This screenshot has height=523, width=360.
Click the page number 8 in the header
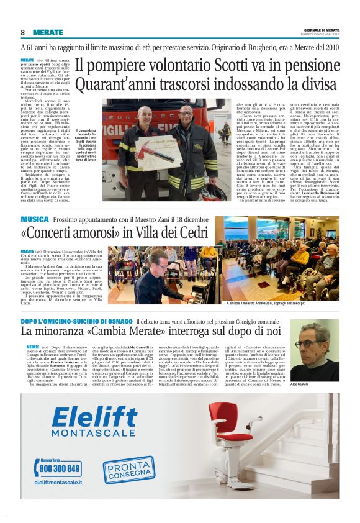22,32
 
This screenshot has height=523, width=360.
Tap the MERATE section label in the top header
48,32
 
